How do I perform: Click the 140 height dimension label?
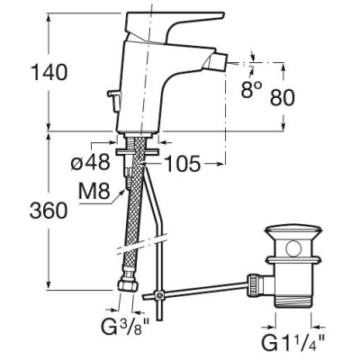point(49,73)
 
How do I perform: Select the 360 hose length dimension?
point(49,210)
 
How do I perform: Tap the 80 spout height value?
point(282,97)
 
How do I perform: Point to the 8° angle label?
point(251,89)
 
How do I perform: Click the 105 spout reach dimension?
point(183,164)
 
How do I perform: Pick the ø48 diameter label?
point(90,163)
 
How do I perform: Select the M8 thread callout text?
point(94,192)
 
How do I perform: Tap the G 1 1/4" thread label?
point(292,342)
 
